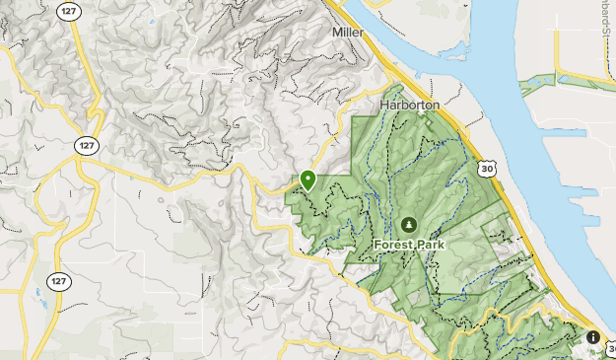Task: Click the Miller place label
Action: (x=348, y=33)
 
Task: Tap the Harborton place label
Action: (x=409, y=103)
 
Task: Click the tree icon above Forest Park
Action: (x=408, y=224)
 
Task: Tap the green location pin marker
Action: (x=308, y=180)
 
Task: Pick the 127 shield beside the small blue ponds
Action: (x=60, y=282)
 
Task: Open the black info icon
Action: (x=592, y=337)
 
